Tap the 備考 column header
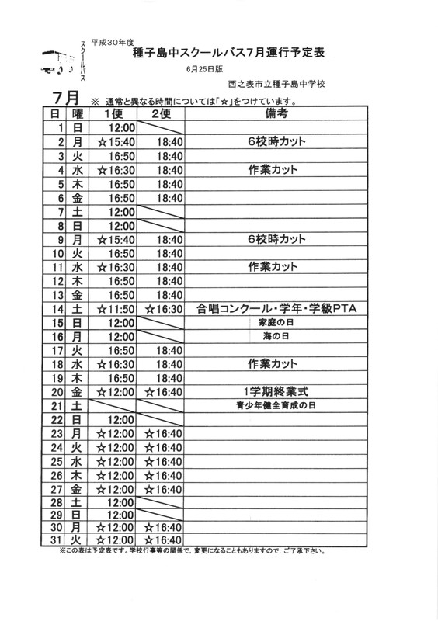coord(276,113)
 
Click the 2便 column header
coord(162,113)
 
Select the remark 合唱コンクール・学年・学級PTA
coord(276,308)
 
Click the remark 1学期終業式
coord(276,390)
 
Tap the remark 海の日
coord(276,336)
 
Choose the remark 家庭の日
coord(276,322)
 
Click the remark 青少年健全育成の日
coord(276,404)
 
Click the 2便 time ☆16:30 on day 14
coord(162,308)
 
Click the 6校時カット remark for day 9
coord(276,238)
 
